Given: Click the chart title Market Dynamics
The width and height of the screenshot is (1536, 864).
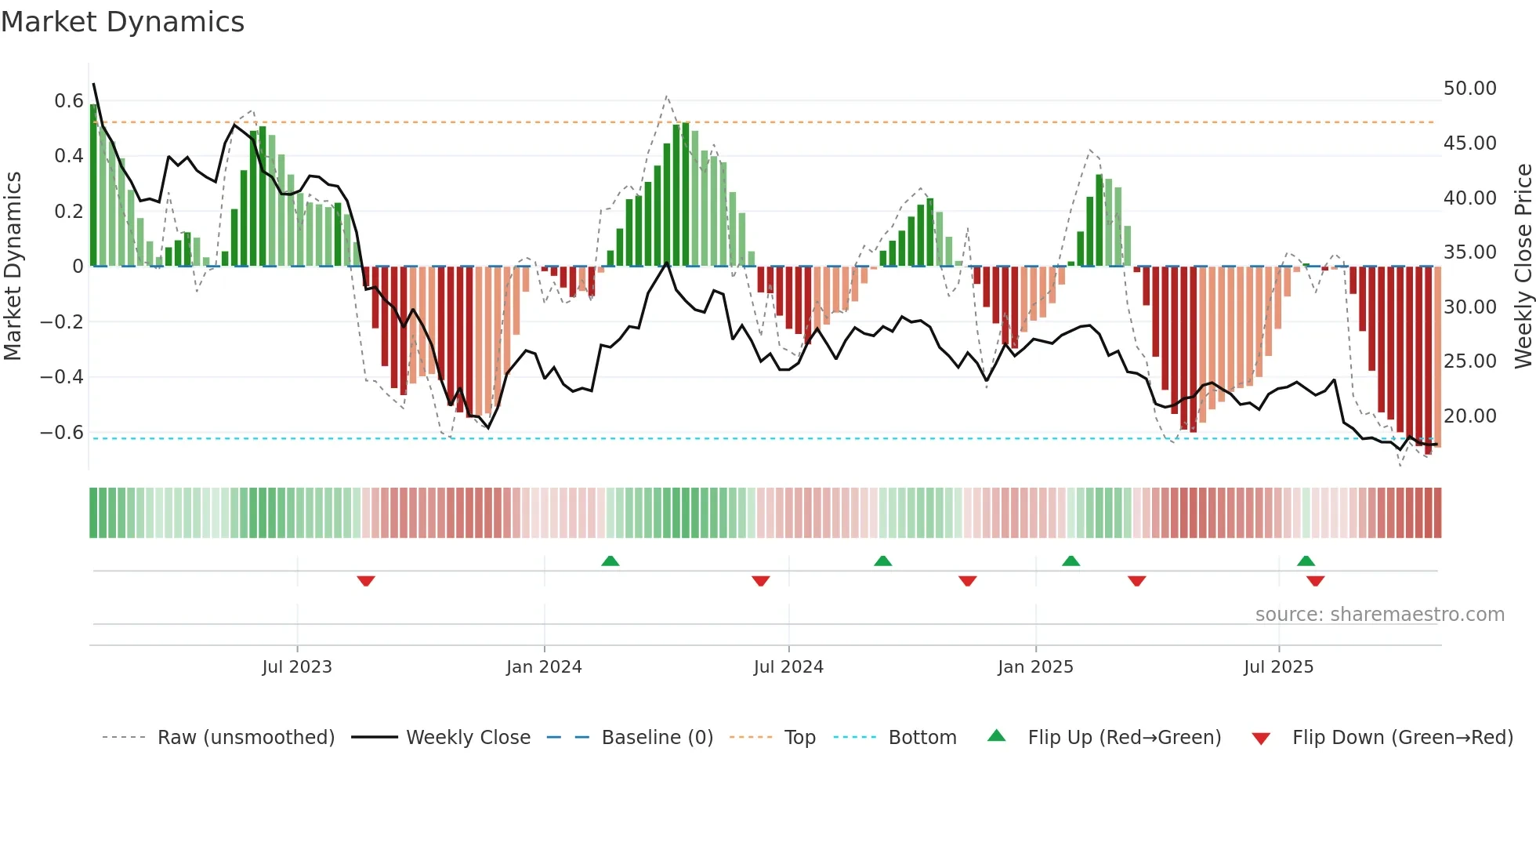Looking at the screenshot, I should [x=122, y=22].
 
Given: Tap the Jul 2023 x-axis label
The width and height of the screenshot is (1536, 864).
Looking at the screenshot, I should [x=297, y=667].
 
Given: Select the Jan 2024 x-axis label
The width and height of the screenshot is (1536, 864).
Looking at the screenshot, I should [x=544, y=667].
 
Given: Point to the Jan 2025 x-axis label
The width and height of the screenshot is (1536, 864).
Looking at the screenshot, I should [x=1035, y=667].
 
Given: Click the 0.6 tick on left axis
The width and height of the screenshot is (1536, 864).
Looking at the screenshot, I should [x=69, y=101].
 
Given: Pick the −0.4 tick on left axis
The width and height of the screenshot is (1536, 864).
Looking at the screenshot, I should [x=62, y=377].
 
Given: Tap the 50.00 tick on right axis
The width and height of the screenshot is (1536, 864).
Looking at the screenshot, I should [x=1469, y=89].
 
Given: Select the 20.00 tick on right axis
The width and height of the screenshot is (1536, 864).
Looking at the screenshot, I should [x=1469, y=416].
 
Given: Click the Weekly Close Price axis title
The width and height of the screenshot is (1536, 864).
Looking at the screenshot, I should [x=1523, y=267].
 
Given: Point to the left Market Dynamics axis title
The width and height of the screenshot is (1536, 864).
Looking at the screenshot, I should [x=13, y=267].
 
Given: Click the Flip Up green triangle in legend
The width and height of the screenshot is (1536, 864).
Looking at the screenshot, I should [x=996, y=735].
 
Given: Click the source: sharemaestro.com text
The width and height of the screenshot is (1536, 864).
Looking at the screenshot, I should [x=1379, y=615].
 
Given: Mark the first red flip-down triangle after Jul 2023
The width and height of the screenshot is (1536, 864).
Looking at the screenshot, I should [x=366, y=581].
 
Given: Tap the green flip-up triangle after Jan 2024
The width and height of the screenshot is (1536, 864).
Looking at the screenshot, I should [x=610, y=561].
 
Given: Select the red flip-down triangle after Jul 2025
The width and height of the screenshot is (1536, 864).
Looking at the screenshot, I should [x=1315, y=581].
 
